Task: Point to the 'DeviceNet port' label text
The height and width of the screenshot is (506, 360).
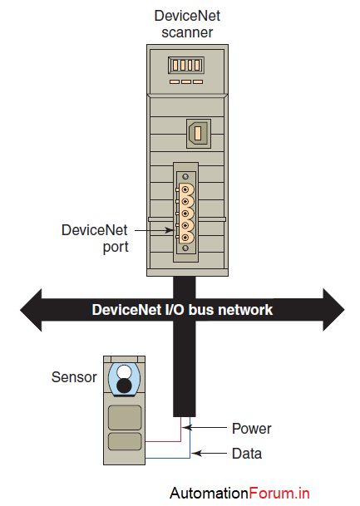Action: [95, 238]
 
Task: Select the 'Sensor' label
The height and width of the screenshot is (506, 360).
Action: [75, 377]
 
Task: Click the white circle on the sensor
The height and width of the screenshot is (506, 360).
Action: [125, 371]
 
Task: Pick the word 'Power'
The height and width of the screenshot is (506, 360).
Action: [251, 429]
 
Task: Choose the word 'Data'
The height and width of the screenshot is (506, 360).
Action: [247, 454]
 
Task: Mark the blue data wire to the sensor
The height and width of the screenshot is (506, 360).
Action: [190, 445]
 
